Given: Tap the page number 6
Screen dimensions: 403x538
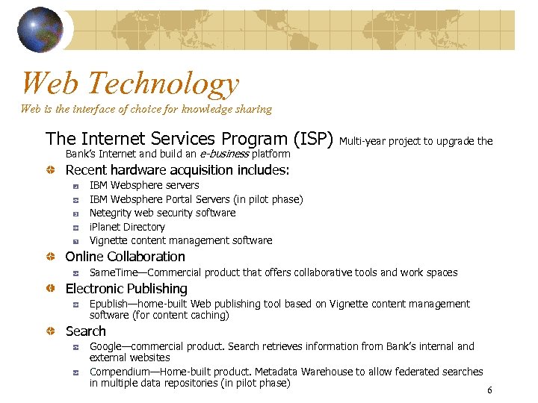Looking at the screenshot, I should pyautogui.click(x=489, y=390).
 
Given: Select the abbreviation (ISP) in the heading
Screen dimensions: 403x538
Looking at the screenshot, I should pyautogui.click(x=314, y=139).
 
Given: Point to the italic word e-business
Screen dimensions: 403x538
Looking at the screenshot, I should pyautogui.click(x=223, y=154).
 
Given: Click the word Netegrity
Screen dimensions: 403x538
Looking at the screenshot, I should pyautogui.click(x=111, y=213).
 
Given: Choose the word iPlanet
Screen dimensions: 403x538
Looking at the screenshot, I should pyautogui.click(x=105, y=227).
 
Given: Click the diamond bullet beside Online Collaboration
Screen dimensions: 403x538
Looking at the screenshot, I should pyautogui.click(x=49, y=257).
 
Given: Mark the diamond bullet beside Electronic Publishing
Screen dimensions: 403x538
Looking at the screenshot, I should pyautogui.click(x=49, y=289).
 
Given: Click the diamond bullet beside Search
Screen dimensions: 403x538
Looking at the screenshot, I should pyautogui.click(x=49, y=331).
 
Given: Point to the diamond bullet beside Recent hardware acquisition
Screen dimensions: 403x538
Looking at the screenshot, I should pyautogui.click(x=49, y=170).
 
